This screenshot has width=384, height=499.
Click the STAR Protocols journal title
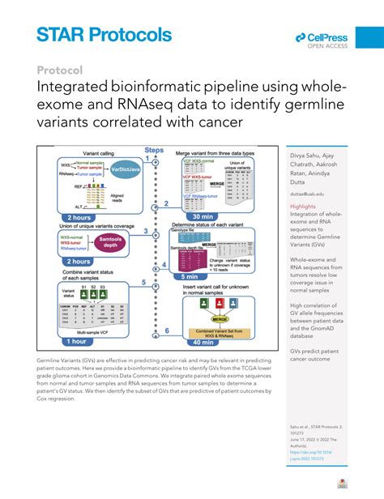(104, 36)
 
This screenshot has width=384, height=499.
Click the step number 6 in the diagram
(166, 331)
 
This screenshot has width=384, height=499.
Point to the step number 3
(146, 232)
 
